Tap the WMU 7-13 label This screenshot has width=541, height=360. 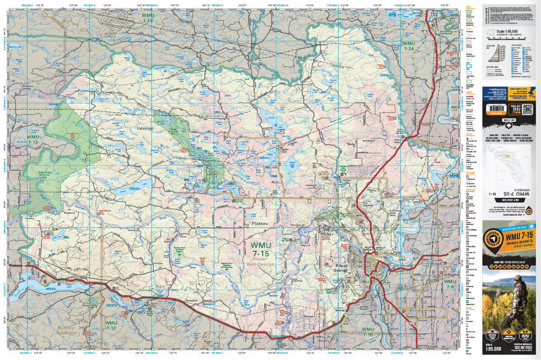point(33,139)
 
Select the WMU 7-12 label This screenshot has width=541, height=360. point(111,325)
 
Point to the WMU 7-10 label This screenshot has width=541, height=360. point(367,332)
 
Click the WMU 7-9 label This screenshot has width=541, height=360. point(449,284)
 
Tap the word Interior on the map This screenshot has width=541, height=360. point(145,128)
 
